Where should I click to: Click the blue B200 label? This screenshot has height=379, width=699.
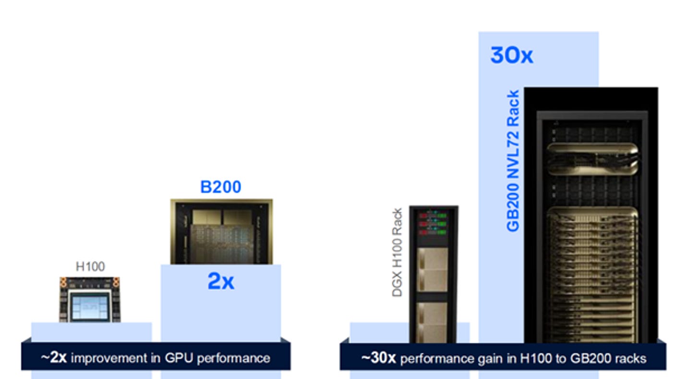[x=220, y=187]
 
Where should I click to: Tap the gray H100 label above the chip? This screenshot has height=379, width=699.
[x=90, y=267]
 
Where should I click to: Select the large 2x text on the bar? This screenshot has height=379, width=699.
[x=221, y=282]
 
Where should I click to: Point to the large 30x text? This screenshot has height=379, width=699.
[x=511, y=56]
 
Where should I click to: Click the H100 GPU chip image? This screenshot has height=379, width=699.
[x=90, y=299]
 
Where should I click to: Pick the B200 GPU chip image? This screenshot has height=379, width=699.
[x=221, y=232]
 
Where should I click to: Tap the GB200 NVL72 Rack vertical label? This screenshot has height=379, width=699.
[x=513, y=161]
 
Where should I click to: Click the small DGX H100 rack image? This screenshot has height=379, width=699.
[x=434, y=274]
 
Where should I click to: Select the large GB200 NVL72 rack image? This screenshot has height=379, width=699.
[x=591, y=216]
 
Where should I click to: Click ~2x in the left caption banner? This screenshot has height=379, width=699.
[x=53, y=358]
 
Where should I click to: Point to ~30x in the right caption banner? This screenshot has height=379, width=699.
[x=379, y=358]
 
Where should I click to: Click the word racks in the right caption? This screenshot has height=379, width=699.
[x=629, y=358]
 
